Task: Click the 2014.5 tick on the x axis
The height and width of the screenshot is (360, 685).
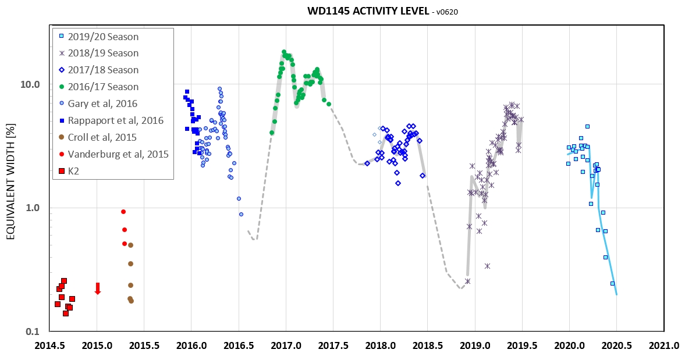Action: [x=49, y=345]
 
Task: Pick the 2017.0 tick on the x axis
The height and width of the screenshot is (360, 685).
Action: [x=286, y=345]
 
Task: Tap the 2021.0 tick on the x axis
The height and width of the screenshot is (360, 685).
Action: [x=664, y=345]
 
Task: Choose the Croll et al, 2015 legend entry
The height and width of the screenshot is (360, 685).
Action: [x=102, y=138]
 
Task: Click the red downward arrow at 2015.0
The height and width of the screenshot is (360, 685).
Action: [x=98, y=288]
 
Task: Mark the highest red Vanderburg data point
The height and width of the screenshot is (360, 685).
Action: [x=123, y=212]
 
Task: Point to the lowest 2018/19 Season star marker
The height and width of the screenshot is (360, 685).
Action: [x=467, y=281]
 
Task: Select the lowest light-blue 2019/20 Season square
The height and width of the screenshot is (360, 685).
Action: [x=612, y=283]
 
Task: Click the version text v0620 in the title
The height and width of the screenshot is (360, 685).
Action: [x=446, y=12]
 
